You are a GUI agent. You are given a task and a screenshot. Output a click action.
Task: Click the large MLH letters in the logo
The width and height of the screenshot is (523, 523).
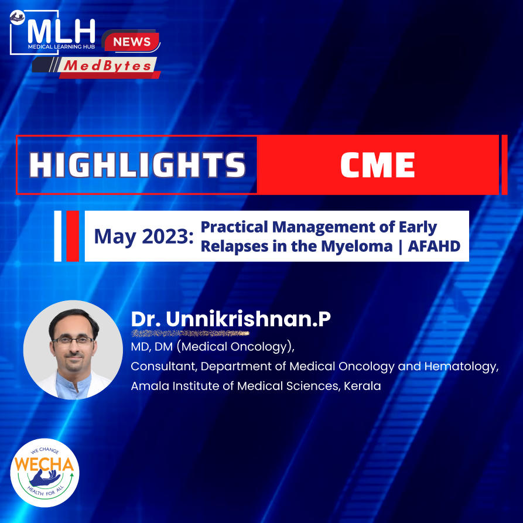(61, 32)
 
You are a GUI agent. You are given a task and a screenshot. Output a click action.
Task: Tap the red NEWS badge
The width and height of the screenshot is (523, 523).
(132, 42)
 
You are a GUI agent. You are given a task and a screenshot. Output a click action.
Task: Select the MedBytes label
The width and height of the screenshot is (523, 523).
(107, 66)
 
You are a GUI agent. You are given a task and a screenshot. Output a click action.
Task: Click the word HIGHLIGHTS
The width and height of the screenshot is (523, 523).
(137, 165)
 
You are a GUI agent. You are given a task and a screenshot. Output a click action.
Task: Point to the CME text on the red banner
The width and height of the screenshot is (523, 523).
(377, 165)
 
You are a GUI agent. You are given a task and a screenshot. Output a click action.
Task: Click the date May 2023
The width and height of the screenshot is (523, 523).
(143, 237)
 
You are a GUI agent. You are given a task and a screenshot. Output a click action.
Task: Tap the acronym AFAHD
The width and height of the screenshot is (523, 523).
(434, 246)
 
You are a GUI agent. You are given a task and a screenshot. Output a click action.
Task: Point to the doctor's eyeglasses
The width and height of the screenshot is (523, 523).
(73, 340)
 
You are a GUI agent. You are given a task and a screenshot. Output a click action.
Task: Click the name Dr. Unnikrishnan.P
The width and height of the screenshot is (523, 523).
(231, 319)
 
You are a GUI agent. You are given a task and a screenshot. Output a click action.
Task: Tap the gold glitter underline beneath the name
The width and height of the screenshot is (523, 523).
(190, 333)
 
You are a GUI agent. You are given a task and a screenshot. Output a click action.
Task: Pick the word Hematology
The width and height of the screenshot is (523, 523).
(462, 367)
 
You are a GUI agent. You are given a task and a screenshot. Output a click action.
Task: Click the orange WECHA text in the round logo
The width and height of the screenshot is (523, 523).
(44, 464)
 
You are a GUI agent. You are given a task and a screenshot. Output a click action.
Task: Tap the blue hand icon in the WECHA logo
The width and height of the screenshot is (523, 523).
(45, 478)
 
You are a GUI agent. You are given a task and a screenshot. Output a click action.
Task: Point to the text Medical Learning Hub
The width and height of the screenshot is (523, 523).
(61, 47)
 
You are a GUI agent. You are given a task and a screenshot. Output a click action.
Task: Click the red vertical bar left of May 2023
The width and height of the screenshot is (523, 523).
(73, 236)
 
